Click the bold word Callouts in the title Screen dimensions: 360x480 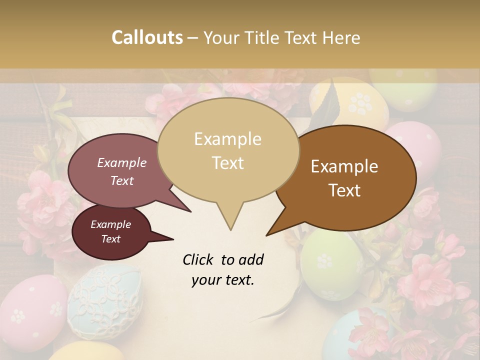pyautogui.click(x=147, y=37)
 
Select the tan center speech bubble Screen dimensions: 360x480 pyautogui.click(x=228, y=150)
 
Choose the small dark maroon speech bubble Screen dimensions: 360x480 pyautogui.click(x=110, y=232)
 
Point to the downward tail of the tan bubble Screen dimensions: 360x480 pyautogui.click(x=230, y=220)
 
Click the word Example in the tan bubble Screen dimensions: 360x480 pyautogui.click(x=227, y=139)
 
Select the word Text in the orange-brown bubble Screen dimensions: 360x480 pyautogui.click(x=344, y=190)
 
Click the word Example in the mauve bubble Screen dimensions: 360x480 pyautogui.click(x=122, y=162)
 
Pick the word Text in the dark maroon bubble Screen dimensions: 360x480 pyautogui.click(x=111, y=239)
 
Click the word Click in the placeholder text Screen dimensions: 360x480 pyautogui.click(x=199, y=259)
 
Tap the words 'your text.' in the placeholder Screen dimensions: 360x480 pyautogui.click(x=223, y=280)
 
